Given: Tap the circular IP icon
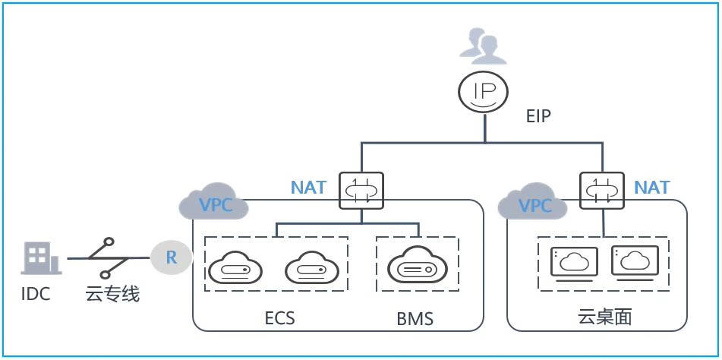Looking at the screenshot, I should pyautogui.click(x=484, y=92).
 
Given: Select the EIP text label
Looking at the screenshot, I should pyautogui.click(x=538, y=118).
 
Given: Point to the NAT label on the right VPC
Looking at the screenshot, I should pyautogui.click(x=651, y=187).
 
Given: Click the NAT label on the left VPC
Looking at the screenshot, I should pyautogui.click(x=308, y=187).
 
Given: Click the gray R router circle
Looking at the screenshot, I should pyautogui.click(x=172, y=257).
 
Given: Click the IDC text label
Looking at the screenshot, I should pyautogui.click(x=36, y=293).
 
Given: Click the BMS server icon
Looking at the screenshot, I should pyautogui.click(x=417, y=266).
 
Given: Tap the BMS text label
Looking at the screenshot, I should pyautogui.click(x=415, y=317).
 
